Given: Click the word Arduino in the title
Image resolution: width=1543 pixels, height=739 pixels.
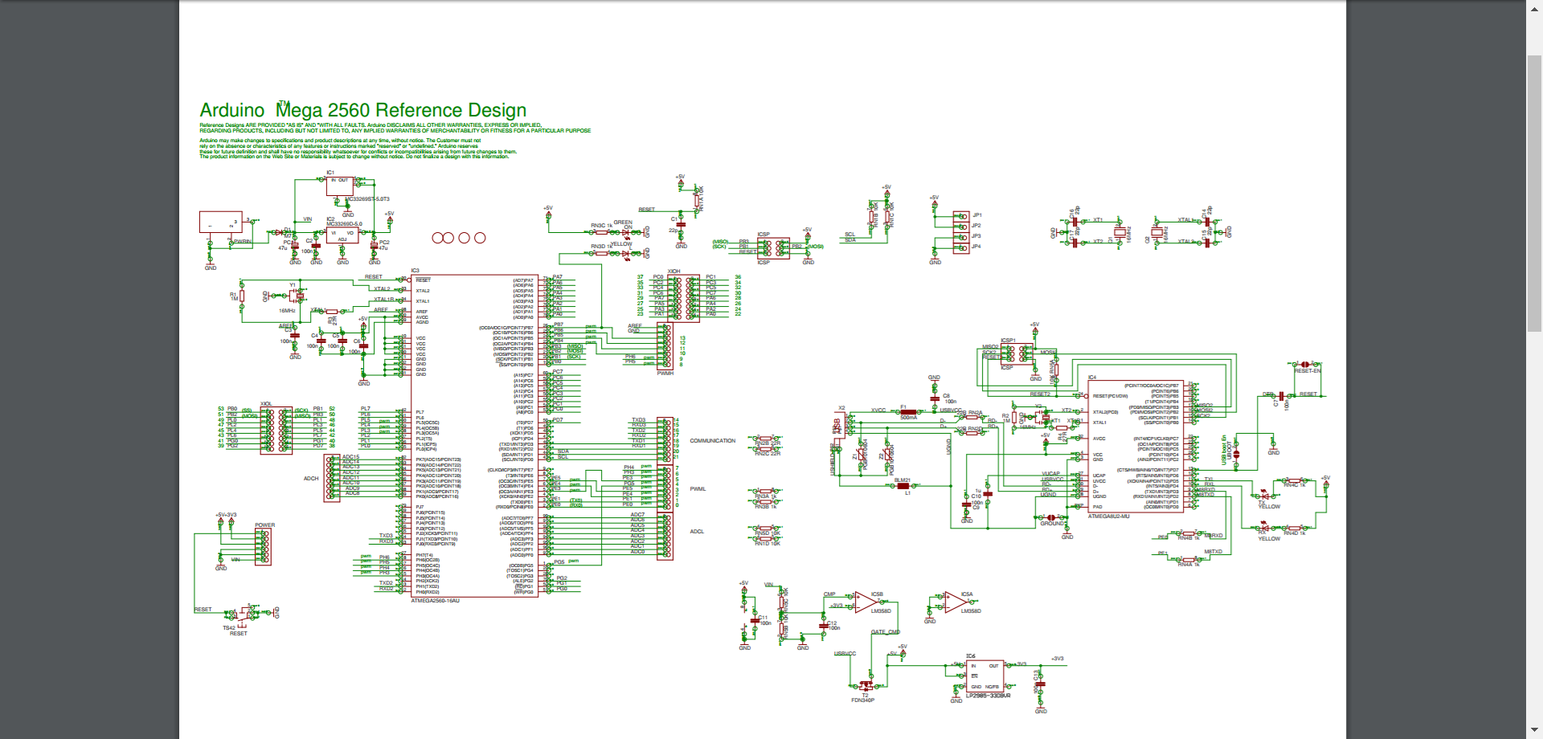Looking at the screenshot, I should [x=231, y=110].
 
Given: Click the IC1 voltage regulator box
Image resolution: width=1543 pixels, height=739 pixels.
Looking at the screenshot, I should [x=339, y=186].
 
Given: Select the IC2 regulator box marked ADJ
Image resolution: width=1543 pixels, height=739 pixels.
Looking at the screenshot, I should [x=342, y=235].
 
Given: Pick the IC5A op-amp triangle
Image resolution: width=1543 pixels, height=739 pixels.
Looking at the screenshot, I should [x=955, y=602].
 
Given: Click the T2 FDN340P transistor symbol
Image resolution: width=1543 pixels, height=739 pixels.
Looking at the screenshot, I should [x=866, y=686].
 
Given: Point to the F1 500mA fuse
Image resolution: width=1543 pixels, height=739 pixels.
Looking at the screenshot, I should [x=908, y=412].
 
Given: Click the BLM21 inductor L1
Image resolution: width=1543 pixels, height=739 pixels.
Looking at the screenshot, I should [x=902, y=486].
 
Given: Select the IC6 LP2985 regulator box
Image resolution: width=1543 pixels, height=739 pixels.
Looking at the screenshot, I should [x=984, y=676].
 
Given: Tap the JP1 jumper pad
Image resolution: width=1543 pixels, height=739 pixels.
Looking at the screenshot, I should [x=960, y=215].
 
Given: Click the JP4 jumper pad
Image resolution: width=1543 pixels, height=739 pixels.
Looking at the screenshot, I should [x=960, y=247].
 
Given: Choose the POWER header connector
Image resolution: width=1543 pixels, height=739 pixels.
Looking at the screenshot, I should [x=263, y=547].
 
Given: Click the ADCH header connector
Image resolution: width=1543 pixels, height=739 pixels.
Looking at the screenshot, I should [x=331, y=478].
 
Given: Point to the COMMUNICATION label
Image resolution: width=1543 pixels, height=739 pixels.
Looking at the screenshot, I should [x=712, y=441].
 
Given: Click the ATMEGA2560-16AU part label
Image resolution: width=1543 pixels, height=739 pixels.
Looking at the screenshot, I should [x=435, y=601].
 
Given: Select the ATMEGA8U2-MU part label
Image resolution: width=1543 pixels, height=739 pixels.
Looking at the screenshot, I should [x=1108, y=516].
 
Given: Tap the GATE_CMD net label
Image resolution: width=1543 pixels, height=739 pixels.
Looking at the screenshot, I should [x=885, y=632].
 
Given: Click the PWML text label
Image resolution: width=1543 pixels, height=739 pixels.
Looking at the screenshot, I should [x=698, y=489].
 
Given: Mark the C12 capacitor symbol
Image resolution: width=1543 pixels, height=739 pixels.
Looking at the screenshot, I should [x=823, y=624].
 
